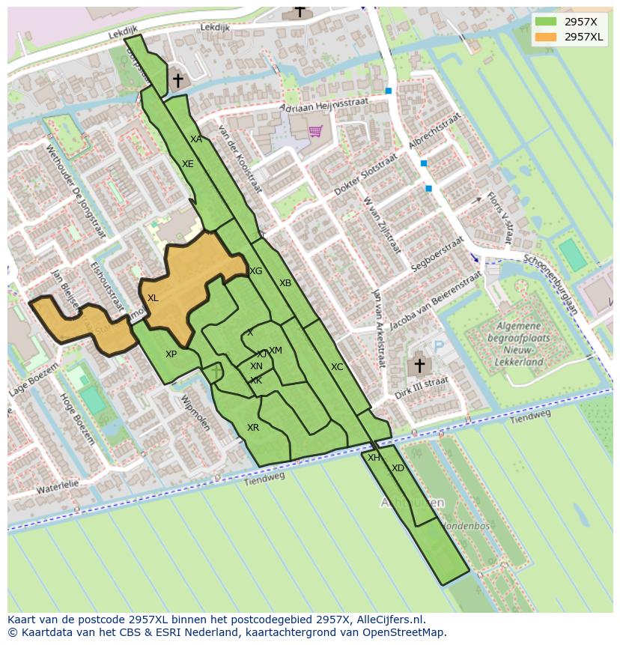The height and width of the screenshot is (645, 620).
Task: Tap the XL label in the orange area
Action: pos(153,298)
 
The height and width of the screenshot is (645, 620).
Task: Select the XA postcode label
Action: pos(196,139)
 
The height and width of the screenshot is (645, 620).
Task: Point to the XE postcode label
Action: pos(188,164)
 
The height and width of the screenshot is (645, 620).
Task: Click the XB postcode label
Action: pos(285,283)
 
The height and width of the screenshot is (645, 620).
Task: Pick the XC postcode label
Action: pos(337,367)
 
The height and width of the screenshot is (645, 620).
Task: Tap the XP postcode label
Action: pos(171,354)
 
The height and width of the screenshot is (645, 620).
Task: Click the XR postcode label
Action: pos(253,428)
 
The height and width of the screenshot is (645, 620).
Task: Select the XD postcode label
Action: pos(398,468)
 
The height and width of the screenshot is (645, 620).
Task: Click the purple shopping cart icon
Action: pos(315,131)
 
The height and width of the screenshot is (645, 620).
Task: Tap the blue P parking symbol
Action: pos(439,347)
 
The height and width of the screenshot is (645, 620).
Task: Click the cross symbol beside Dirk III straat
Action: pos(419,366)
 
